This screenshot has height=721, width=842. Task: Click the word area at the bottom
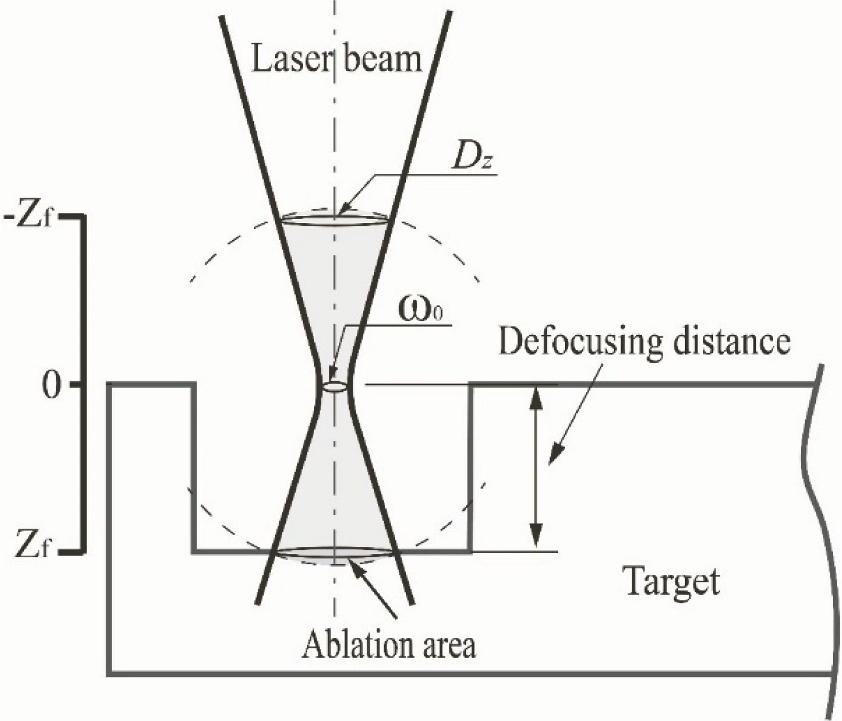tap(446, 646)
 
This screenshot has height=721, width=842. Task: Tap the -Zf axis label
tap(29, 219)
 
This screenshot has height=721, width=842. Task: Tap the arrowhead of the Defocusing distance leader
tap(555, 456)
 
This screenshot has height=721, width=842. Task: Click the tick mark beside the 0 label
tap(76, 385)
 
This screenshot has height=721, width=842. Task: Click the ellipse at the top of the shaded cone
tap(335, 219)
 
